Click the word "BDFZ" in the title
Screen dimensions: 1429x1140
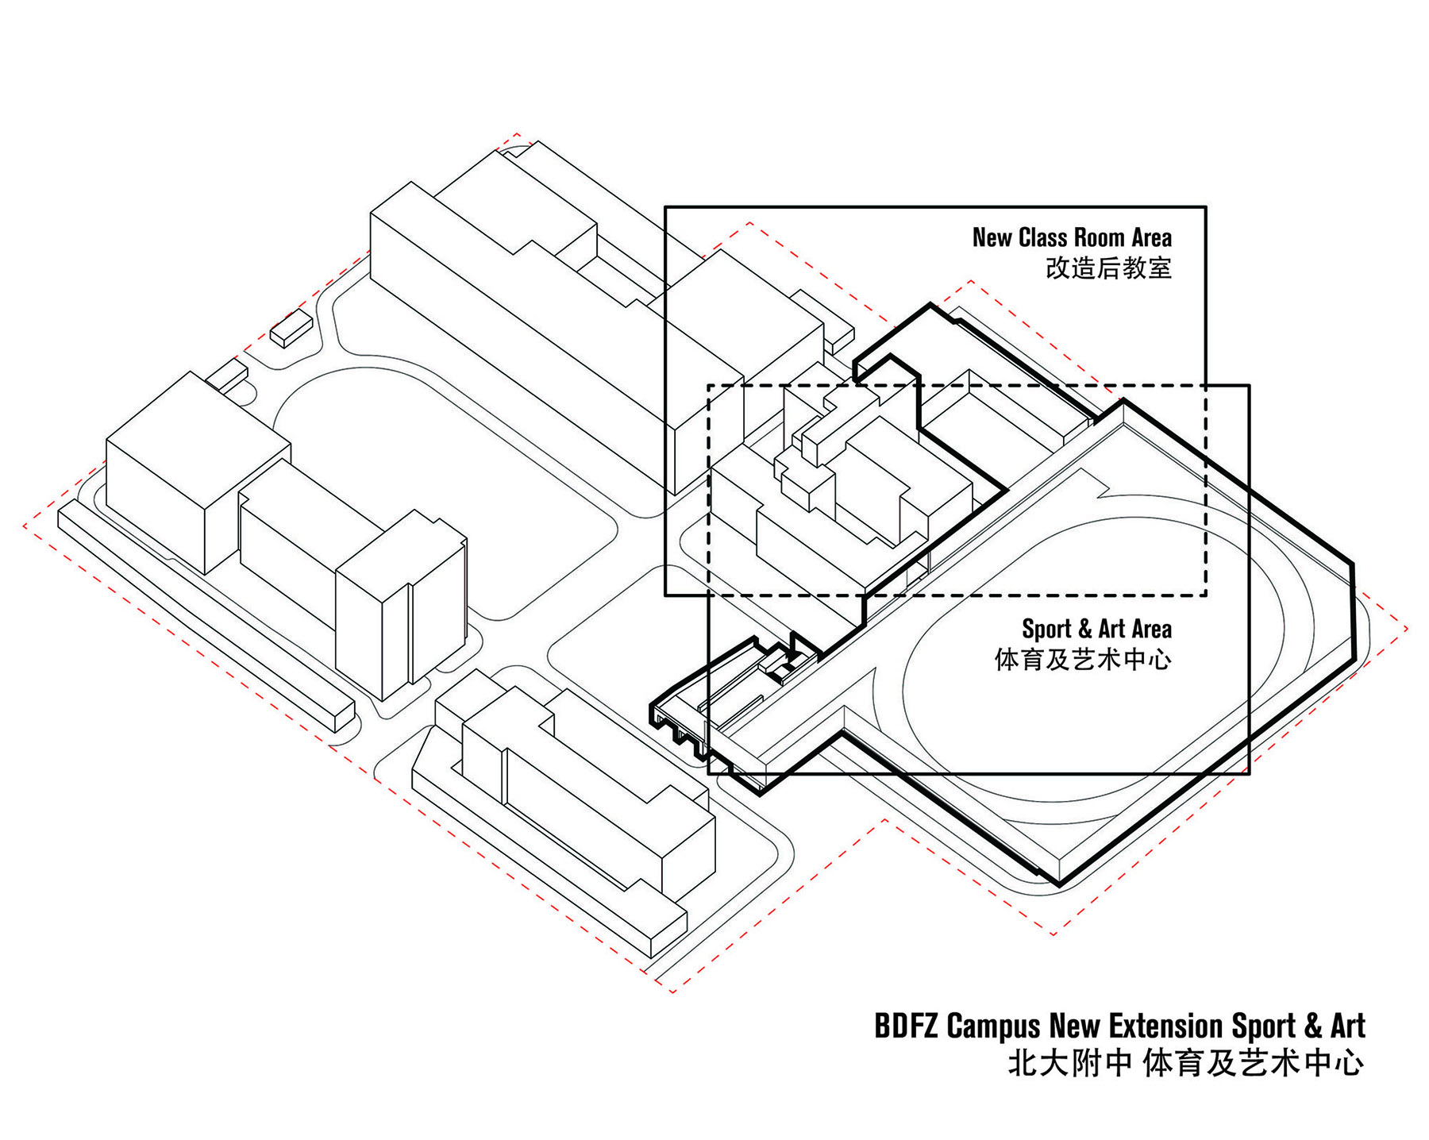point(907,1026)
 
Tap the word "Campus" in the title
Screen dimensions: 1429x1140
point(994,1027)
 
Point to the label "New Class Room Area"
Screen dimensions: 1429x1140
point(1072,237)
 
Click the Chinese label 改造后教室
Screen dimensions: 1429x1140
point(1108,268)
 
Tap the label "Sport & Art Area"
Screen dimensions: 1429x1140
point(1096,629)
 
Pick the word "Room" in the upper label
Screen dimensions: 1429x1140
point(1100,237)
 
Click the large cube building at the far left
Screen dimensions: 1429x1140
point(198,472)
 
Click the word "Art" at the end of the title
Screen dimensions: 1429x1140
point(1348,1026)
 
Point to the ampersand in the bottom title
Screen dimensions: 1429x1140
point(1313,1026)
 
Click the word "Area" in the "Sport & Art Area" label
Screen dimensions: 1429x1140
point(1151,629)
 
